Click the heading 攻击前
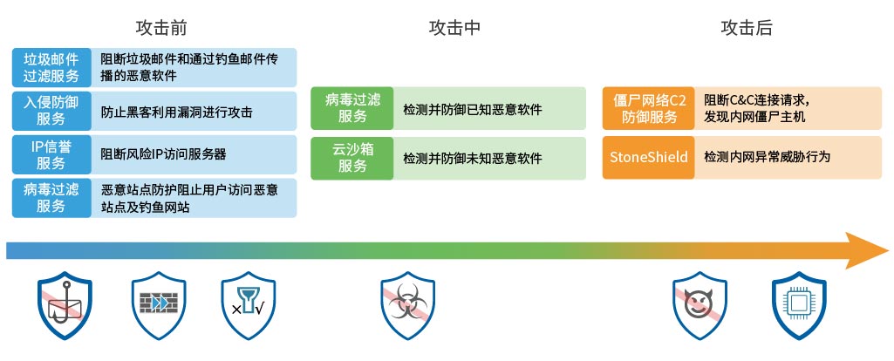click(x=161, y=28)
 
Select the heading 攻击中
click(x=454, y=28)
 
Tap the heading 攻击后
click(x=747, y=28)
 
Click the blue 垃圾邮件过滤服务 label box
click(x=51, y=67)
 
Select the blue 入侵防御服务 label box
click(x=51, y=111)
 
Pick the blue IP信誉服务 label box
click(x=51, y=154)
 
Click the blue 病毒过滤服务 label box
click(x=51, y=198)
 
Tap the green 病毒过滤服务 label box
click(x=351, y=108)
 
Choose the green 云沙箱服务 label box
click(x=351, y=158)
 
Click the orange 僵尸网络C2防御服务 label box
click(x=648, y=108)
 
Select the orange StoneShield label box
click(x=648, y=158)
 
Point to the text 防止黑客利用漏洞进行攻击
click(x=177, y=112)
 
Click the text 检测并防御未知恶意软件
click(x=473, y=158)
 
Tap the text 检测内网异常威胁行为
click(x=767, y=157)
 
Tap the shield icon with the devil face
click(x=700, y=305)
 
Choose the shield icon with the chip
click(x=799, y=305)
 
